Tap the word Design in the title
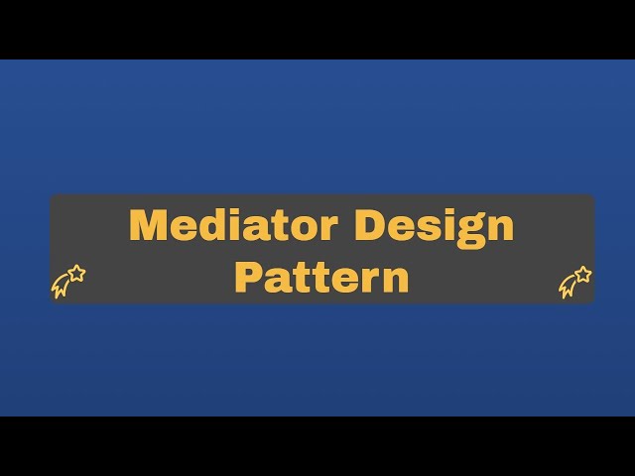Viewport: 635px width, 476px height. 435,226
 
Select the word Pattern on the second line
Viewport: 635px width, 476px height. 321,277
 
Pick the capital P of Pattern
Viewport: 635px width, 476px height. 247,277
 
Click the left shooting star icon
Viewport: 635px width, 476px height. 67,282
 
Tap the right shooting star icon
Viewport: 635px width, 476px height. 575,282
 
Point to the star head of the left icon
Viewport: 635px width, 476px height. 76,273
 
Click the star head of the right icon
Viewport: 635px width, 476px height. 583,273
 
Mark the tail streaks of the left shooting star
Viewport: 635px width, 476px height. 61,289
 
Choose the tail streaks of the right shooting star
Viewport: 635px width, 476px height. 568,289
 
